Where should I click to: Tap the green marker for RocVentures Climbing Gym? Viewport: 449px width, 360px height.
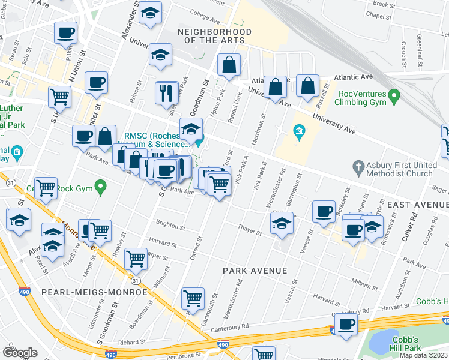(394, 95)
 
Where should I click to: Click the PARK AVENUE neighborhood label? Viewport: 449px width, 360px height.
(255, 271)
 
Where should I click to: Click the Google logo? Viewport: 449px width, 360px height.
(20, 352)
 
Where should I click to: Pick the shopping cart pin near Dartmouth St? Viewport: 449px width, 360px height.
(193, 298)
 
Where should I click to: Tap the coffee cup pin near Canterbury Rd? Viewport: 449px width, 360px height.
(345, 325)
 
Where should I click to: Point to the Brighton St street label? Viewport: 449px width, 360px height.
(170, 226)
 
